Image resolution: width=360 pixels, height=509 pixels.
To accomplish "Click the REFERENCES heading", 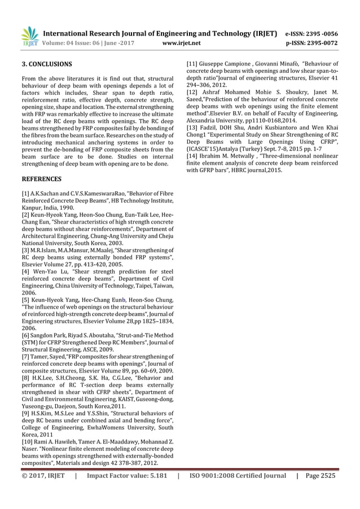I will coord(42,179).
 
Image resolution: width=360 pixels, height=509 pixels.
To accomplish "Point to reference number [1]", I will coord(25,194).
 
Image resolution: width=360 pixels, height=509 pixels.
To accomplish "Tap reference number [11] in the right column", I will coord(194,64).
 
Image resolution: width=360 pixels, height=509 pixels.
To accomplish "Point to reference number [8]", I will coord(25,379).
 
